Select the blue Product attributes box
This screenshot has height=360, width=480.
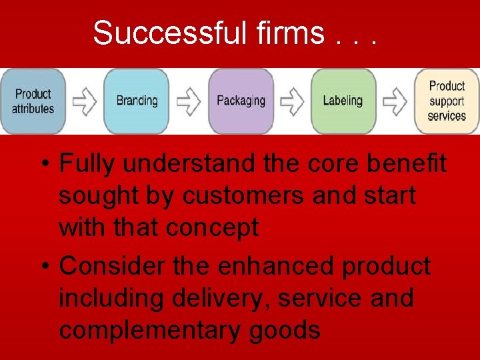tap(33, 101)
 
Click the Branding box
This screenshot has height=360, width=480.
tap(137, 101)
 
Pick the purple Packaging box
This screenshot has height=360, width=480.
tap(241, 101)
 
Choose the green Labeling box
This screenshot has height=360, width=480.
tap(343, 101)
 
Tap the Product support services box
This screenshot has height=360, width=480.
tap(447, 101)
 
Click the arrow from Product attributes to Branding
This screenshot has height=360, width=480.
tap(85, 101)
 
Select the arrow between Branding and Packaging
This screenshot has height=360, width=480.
tap(189, 101)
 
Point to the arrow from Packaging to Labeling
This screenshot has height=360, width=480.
tap(292, 101)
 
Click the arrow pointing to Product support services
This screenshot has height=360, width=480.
tap(395, 101)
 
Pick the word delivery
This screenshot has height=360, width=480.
tap(220, 298)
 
